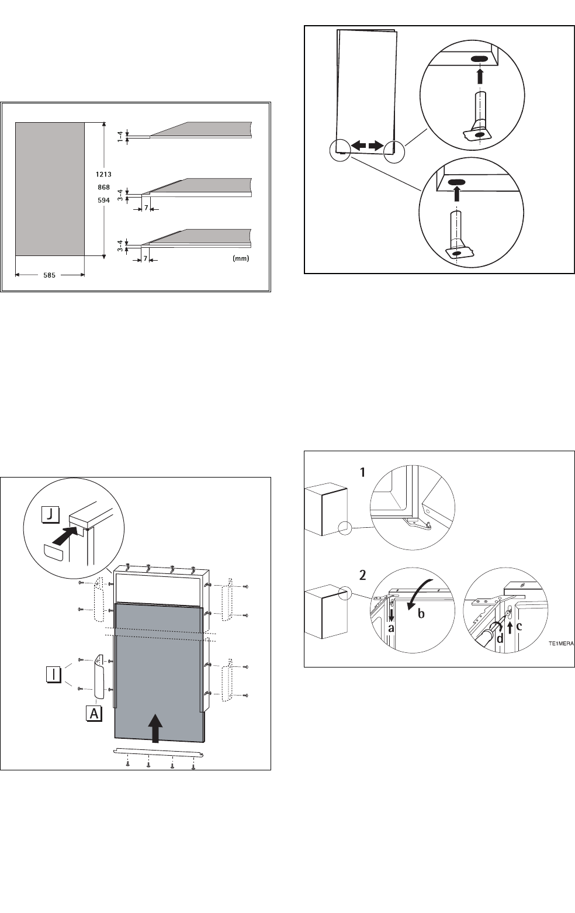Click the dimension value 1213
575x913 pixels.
point(103,174)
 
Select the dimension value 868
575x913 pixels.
point(104,187)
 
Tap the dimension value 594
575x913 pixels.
point(104,200)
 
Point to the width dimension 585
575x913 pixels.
point(49,275)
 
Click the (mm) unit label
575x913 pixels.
point(240,258)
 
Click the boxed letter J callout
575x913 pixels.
point(51,514)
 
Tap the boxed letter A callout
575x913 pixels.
point(93,713)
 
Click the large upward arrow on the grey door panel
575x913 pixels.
point(155,728)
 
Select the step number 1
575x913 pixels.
point(363,472)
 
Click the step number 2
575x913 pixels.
point(363,575)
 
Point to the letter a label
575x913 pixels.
point(391,628)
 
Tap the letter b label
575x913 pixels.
point(421,613)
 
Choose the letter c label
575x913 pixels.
point(519,625)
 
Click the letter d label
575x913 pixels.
point(500,638)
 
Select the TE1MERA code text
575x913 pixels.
point(561,644)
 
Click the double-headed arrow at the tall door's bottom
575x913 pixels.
point(367,145)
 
